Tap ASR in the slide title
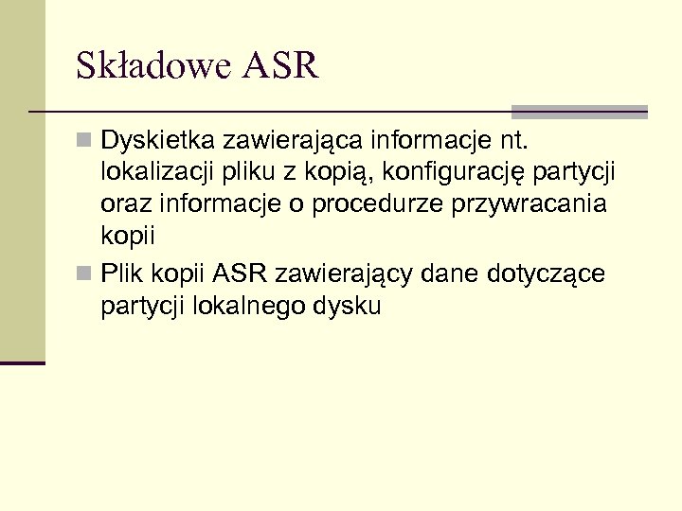pyautogui.click(x=281, y=67)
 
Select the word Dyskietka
pyautogui.click(x=157, y=144)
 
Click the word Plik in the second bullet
pyautogui.click(x=121, y=274)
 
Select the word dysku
pyautogui.click(x=350, y=307)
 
